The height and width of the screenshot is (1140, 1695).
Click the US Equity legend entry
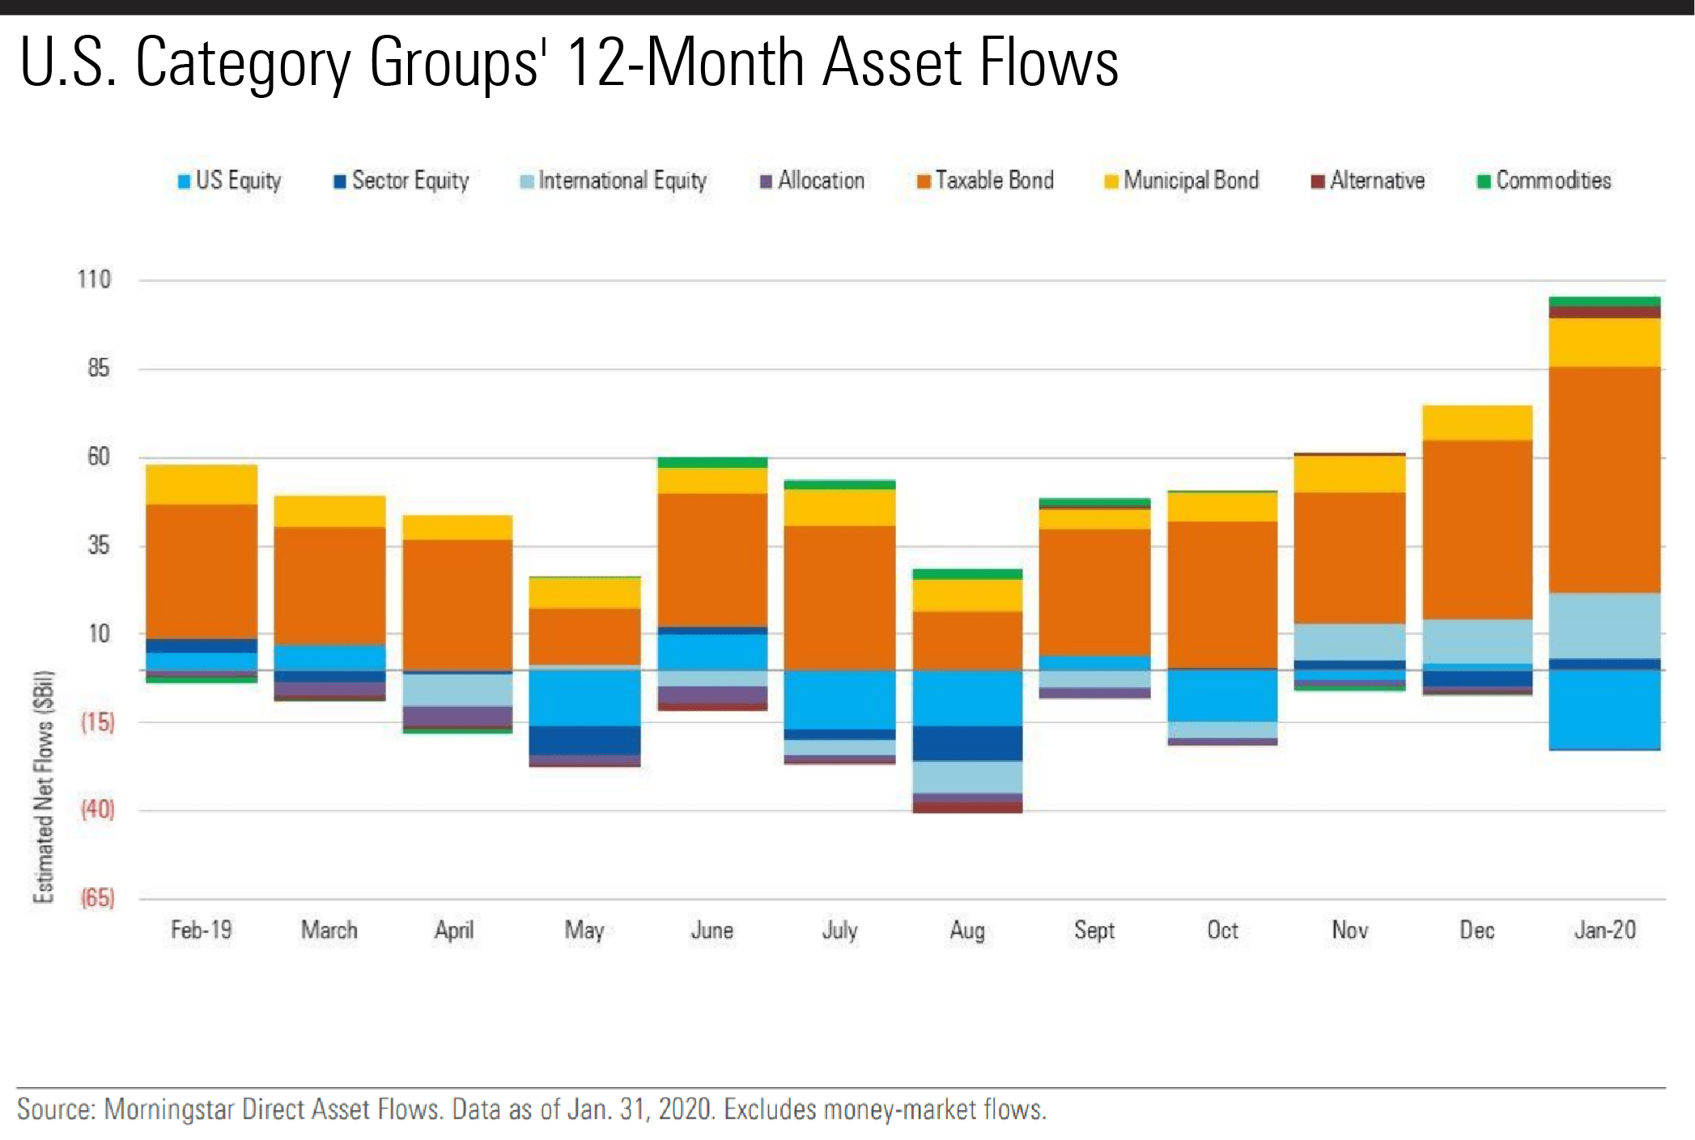230,181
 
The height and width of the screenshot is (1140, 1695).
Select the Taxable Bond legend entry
986,181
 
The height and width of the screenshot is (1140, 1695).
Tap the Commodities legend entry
1544,181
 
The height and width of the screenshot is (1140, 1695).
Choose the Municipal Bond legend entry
1182,181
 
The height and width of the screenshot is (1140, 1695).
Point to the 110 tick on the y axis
94,280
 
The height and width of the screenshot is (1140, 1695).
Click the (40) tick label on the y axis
97,809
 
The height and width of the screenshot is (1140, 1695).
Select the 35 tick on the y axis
98,545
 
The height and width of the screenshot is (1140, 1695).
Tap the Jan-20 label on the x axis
1604,930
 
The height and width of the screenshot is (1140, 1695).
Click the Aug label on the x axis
967,930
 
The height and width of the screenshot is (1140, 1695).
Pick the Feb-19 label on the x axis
202,930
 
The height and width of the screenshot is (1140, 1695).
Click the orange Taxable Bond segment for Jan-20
1604,479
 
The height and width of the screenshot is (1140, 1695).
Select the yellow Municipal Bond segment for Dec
1477,423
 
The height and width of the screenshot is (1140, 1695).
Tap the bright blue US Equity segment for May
584,697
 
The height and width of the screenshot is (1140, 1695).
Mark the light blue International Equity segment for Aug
967,776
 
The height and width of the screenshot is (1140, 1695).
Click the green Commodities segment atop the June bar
712,462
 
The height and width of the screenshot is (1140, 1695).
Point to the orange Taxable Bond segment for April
457,604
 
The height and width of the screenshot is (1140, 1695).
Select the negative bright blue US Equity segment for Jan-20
1604,709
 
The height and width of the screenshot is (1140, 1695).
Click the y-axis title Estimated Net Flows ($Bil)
44,786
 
